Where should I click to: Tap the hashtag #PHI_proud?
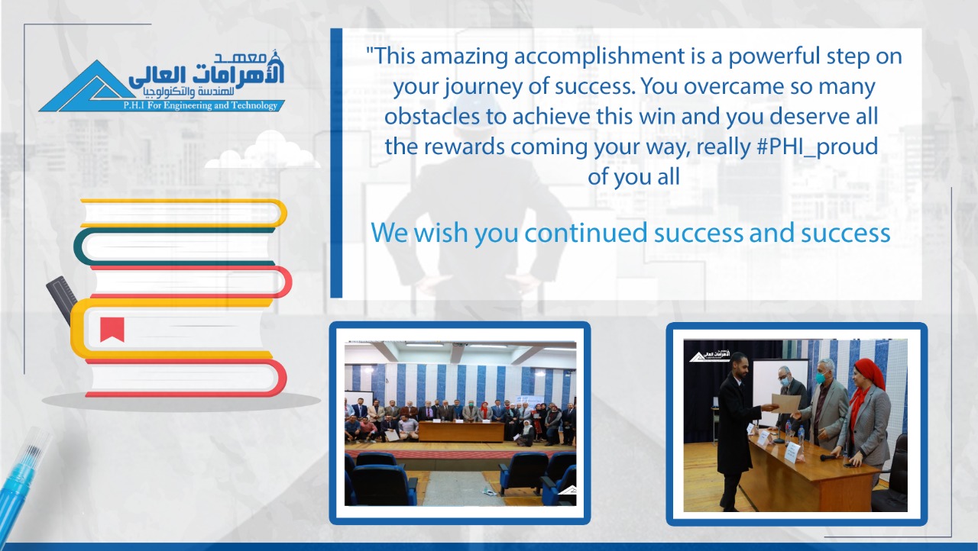817,147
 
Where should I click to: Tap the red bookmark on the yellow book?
112,329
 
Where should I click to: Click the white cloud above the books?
263,150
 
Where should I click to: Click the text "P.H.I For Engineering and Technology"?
200,105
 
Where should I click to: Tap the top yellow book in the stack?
183,213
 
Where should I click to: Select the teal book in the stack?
175,247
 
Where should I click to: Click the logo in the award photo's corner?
710,356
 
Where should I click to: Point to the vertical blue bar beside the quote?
336,163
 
